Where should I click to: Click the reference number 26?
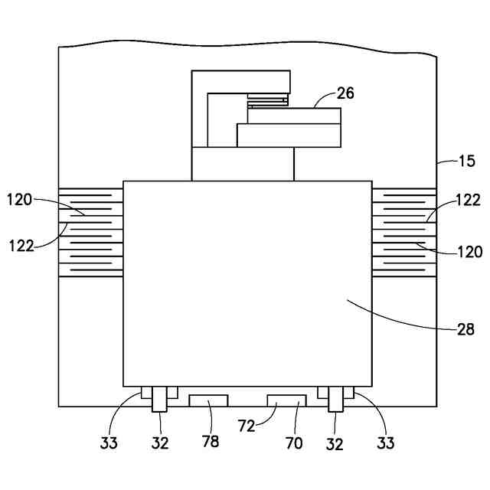[x=345, y=93]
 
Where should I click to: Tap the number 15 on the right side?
[x=466, y=162]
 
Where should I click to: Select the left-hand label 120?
[x=20, y=201]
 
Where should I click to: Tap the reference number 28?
[x=465, y=331]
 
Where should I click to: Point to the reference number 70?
[x=294, y=443]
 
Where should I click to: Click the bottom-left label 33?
[x=110, y=443]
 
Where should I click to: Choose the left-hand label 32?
[x=158, y=443]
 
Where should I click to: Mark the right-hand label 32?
[x=335, y=443]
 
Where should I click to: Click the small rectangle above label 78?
[x=208, y=400]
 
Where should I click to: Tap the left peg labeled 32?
[x=159, y=399]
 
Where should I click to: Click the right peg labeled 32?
[x=335, y=399]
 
